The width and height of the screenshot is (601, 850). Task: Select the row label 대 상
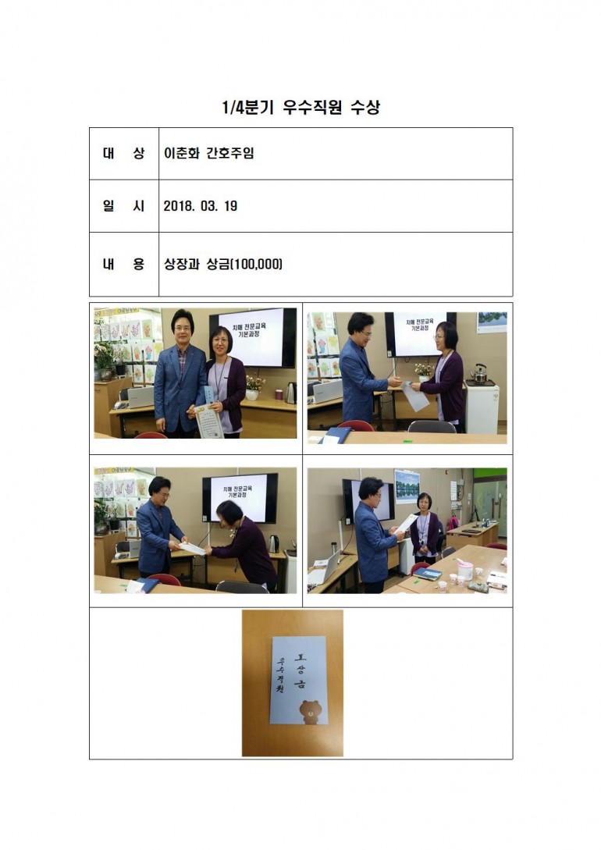123,154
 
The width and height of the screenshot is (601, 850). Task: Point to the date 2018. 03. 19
201,206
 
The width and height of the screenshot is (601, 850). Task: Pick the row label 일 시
123,206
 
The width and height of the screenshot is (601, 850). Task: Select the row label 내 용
123,264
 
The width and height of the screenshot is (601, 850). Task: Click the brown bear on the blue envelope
310,711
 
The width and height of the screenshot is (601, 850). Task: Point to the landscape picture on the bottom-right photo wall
407,486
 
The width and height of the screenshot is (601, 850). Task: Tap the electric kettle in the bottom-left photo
274,543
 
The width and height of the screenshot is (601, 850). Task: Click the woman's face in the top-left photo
222,343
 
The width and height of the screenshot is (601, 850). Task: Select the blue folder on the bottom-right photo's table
428,573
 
